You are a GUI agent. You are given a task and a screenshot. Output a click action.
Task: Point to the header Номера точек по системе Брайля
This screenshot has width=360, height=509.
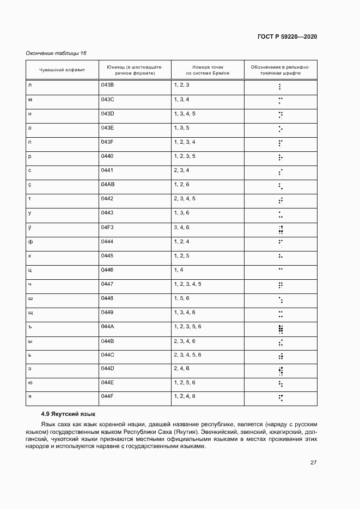pos(208,70)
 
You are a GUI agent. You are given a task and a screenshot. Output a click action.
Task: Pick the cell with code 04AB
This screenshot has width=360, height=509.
pos(107,185)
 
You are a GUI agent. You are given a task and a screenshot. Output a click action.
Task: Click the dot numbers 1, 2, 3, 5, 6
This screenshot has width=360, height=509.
pos(187,326)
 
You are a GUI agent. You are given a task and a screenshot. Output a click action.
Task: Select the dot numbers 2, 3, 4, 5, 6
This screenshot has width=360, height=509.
pos(187,354)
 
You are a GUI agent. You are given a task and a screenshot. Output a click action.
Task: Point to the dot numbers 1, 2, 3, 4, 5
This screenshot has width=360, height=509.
pos(187,284)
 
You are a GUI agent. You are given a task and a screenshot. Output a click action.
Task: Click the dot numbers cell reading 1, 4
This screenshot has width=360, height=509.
pos(178,269)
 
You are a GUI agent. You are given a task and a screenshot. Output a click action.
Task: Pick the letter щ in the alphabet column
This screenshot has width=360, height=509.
pos(30,312)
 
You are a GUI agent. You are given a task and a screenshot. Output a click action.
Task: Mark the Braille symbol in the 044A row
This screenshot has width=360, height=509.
pos(280,328)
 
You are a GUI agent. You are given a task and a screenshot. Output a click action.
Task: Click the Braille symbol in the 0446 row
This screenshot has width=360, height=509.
pos(280,269)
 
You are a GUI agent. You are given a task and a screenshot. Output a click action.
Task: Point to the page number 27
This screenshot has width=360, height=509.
pos(313,463)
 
